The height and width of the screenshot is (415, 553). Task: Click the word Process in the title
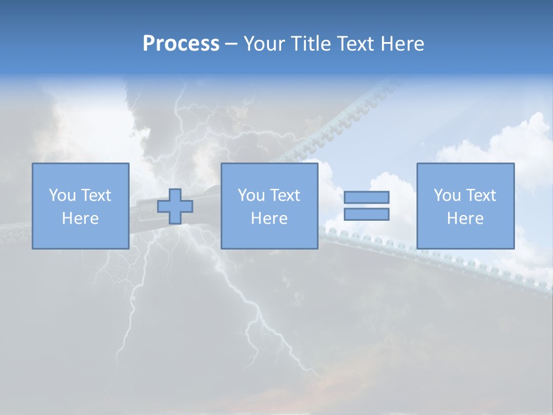click(x=181, y=44)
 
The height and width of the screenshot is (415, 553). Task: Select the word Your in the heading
click(x=264, y=44)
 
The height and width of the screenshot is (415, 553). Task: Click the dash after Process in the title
click(x=231, y=44)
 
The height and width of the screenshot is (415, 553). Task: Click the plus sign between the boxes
click(x=175, y=206)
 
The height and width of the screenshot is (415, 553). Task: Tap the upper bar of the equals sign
click(x=366, y=197)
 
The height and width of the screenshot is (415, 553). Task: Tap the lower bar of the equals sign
click(x=366, y=214)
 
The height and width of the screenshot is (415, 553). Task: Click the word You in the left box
click(x=62, y=195)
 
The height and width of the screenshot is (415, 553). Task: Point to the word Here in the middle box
click(x=269, y=218)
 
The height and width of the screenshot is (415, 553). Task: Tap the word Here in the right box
click(x=465, y=218)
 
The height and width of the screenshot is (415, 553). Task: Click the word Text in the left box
click(x=96, y=195)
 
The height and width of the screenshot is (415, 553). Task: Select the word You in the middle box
click(x=251, y=195)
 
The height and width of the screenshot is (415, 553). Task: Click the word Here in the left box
click(x=80, y=218)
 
